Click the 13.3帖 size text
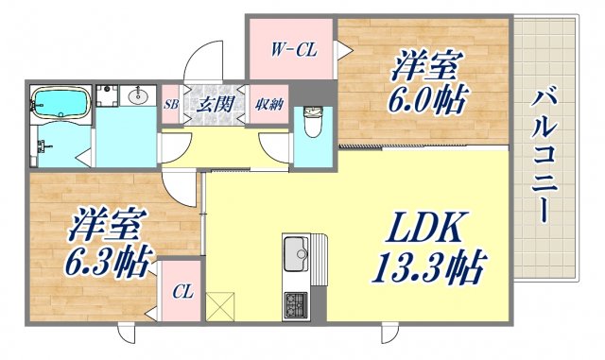[427, 270]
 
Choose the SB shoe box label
[171, 104]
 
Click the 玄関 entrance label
[214, 104]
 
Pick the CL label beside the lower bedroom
[182, 292]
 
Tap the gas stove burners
[297, 305]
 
